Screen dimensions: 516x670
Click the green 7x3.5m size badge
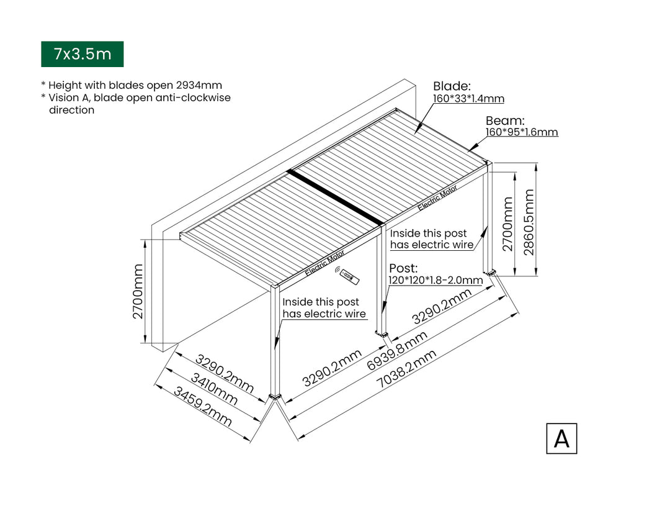pos(83,54)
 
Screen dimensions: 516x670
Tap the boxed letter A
pos(561,438)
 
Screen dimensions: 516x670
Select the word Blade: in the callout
pos(452,86)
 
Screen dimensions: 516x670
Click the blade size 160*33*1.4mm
pos(468,99)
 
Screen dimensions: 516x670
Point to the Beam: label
pos(505,120)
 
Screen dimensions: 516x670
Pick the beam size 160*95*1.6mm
pos(521,132)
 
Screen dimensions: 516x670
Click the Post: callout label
pos(403,268)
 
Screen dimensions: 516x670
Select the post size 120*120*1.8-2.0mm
pos(435,280)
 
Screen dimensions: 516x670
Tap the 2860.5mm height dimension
pos(529,222)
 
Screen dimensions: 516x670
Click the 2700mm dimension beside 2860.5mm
pos(507,224)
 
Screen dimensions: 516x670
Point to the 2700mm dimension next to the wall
pos(137,291)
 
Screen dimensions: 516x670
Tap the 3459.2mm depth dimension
pos(202,407)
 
